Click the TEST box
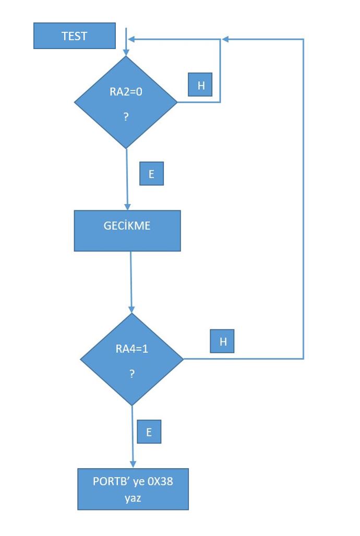(x=74, y=36)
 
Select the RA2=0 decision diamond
(x=126, y=102)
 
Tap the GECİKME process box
(x=127, y=231)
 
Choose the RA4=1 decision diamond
(x=131, y=359)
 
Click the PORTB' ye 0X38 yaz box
(x=133, y=489)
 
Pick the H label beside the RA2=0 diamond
(x=201, y=86)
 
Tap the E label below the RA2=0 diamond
(x=151, y=174)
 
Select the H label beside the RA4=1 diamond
(x=222, y=341)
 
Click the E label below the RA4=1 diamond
(x=149, y=432)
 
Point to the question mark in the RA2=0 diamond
(x=126, y=117)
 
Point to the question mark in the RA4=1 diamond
(x=131, y=374)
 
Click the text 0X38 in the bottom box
(x=160, y=482)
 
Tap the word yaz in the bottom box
(x=133, y=497)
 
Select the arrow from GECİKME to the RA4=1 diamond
(x=131, y=282)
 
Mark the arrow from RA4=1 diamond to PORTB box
(x=133, y=436)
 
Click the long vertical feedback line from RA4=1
(x=303, y=198)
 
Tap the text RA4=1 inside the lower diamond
(x=131, y=349)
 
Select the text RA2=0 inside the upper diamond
(x=126, y=92)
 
